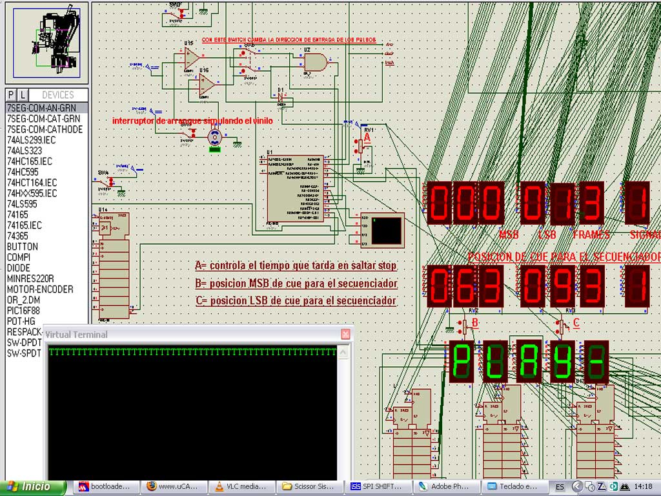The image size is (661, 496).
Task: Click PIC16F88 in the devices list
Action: (x=25, y=311)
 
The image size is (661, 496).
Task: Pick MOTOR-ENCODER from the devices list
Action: (x=39, y=289)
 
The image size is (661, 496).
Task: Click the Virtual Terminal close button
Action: (x=345, y=334)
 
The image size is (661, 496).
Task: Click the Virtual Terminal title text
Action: (x=76, y=335)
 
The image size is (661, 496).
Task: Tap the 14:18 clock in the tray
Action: (x=642, y=486)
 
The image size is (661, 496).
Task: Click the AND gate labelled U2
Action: (x=315, y=62)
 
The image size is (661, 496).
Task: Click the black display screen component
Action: (x=382, y=230)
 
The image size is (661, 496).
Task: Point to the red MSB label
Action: (x=509, y=235)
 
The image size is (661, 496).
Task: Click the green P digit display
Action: (x=462, y=362)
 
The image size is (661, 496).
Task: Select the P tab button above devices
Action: (x=11, y=95)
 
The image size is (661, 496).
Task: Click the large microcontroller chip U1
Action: (x=294, y=189)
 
